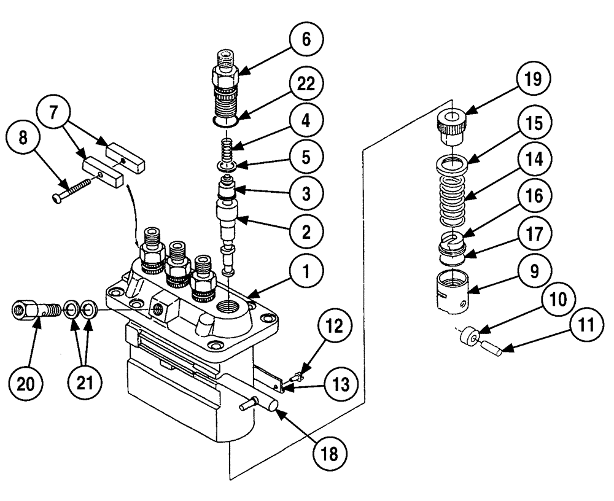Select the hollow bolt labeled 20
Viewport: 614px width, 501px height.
click(x=36, y=312)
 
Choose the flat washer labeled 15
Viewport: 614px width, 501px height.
click(x=453, y=163)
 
